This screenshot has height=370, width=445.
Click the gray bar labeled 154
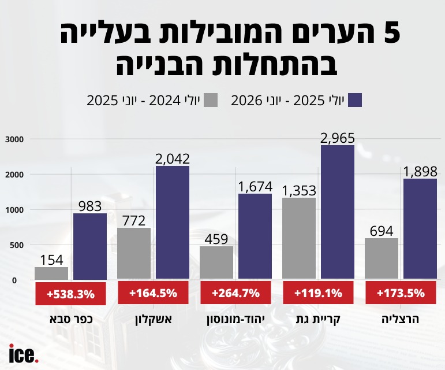(x=51, y=273)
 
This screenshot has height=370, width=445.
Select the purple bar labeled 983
(x=90, y=246)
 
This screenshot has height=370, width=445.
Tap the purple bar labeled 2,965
(x=338, y=212)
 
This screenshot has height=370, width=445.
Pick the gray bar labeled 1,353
(x=299, y=238)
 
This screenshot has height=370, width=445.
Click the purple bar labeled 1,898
(x=420, y=229)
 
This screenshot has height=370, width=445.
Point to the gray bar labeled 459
(x=216, y=262)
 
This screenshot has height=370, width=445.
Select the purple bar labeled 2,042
(x=173, y=223)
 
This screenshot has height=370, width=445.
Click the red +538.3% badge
(x=70, y=294)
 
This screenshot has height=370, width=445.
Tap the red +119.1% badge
(x=318, y=293)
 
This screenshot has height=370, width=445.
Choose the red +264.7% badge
(x=235, y=293)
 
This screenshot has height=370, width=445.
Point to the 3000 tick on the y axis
(x=14, y=139)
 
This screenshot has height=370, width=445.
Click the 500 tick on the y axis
(x=17, y=245)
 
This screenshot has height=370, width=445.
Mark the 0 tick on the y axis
(x=14, y=280)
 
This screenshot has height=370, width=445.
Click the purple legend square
(x=355, y=100)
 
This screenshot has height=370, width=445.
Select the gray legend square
(x=211, y=100)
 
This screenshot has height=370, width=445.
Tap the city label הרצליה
(x=400, y=320)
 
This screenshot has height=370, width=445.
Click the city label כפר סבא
(x=71, y=320)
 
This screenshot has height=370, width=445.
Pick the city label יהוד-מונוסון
(x=235, y=320)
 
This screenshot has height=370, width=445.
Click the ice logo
(x=24, y=353)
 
